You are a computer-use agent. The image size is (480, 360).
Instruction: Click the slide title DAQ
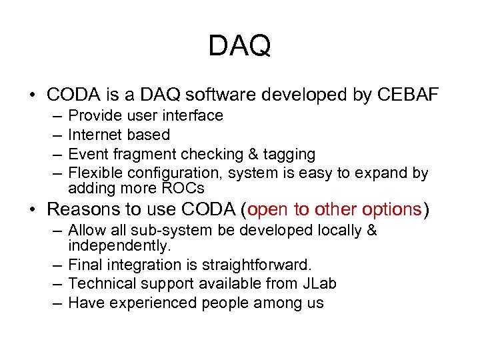[x=239, y=46]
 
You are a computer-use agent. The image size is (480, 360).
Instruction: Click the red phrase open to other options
[x=334, y=209]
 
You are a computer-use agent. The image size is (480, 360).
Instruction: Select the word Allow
[x=87, y=231]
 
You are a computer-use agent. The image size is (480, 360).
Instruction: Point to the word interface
[x=194, y=116]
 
